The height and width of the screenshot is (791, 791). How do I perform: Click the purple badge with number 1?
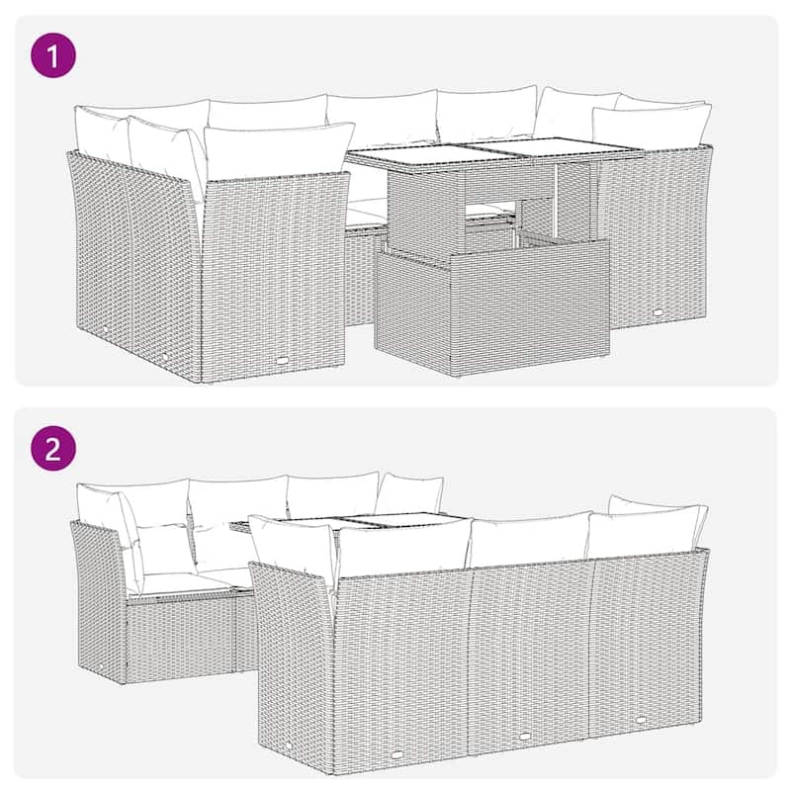(54, 55)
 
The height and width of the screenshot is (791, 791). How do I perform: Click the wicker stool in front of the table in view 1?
(491, 308)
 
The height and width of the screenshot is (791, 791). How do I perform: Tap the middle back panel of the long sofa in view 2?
(528, 648)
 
